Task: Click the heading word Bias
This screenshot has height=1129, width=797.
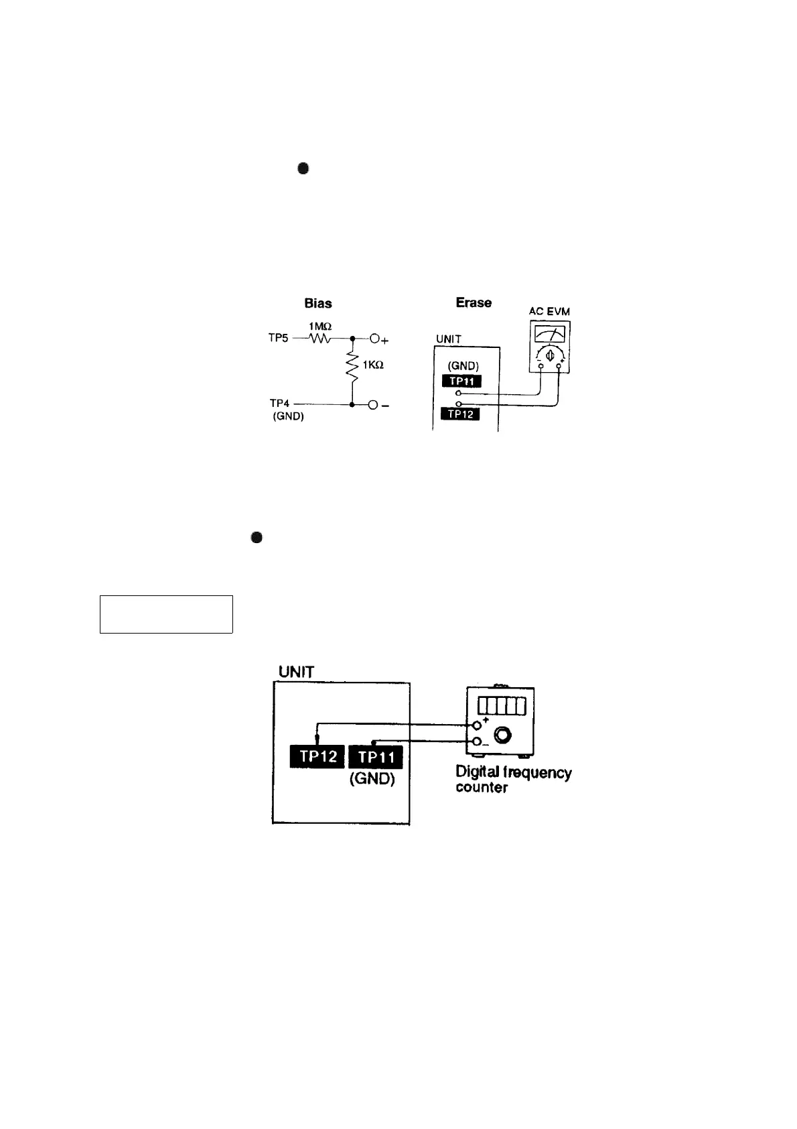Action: (x=318, y=304)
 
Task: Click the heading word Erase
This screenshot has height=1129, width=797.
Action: (x=474, y=303)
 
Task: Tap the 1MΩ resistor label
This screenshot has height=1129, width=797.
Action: (x=320, y=326)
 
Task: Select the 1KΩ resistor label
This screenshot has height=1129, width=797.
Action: (x=373, y=365)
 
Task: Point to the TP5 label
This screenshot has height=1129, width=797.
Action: (x=279, y=339)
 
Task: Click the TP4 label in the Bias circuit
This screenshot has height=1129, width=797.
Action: (x=280, y=404)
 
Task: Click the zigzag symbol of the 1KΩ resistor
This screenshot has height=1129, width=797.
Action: (x=352, y=366)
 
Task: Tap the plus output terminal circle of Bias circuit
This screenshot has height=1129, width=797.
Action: (x=375, y=339)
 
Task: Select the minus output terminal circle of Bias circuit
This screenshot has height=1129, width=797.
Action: (x=375, y=405)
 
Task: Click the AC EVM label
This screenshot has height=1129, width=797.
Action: (x=549, y=312)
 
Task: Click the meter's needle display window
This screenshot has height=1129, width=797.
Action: (x=549, y=333)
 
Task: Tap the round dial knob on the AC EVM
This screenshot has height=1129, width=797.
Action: (x=549, y=355)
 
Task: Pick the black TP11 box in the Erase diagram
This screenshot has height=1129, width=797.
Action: (x=462, y=381)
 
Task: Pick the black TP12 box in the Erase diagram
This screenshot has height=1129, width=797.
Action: (x=460, y=414)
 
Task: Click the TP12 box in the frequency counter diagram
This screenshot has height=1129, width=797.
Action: (x=317, y=757)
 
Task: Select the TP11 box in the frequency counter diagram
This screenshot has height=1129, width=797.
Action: (x=376, y=758)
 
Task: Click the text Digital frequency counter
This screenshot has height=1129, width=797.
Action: (x=513, y=780)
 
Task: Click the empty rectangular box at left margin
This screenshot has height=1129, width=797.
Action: (x=166, y=613)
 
